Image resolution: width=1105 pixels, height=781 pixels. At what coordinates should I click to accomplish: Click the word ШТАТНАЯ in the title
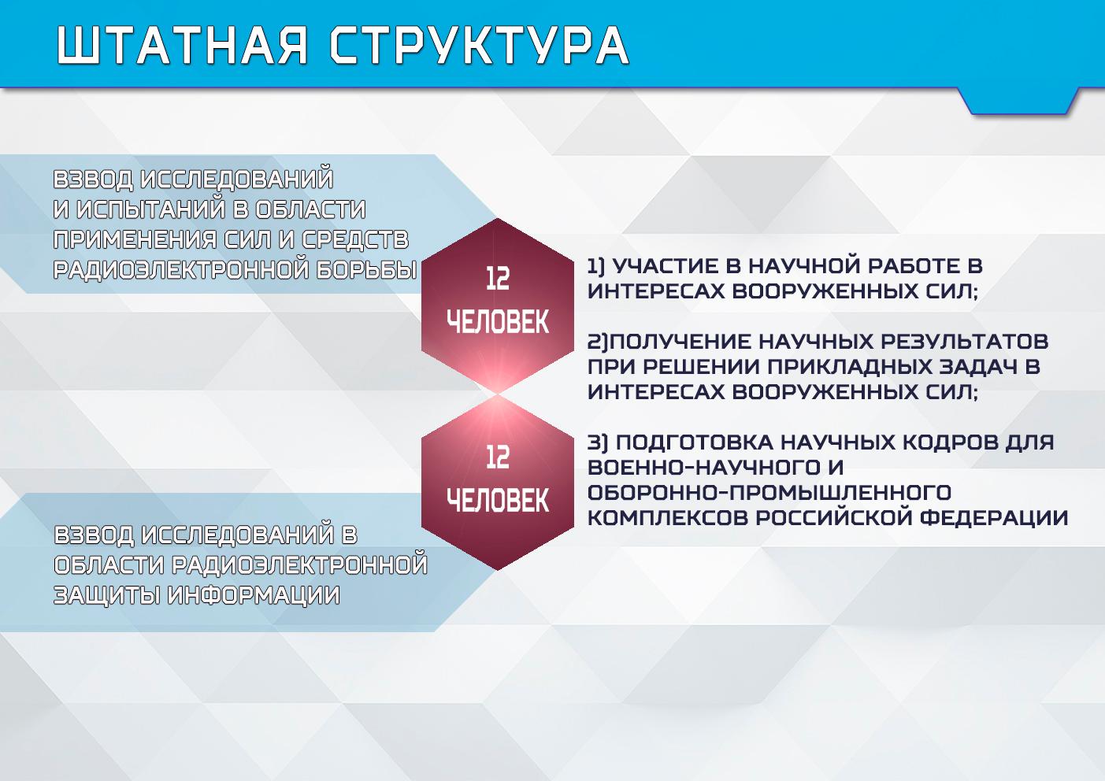(183, 45)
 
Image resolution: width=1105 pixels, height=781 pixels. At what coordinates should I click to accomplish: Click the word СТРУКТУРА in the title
(480, 45)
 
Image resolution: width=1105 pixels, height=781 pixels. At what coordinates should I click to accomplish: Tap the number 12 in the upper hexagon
(497, 279)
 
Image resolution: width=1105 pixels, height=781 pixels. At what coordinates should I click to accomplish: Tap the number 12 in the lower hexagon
(497, 457)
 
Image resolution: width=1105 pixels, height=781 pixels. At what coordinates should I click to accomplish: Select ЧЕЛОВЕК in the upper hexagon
(497, 322)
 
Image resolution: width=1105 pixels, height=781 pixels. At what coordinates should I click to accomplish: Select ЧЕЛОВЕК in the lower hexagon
(497, 501)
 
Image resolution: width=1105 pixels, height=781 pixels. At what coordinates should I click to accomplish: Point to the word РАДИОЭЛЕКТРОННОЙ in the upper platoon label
(182, 270)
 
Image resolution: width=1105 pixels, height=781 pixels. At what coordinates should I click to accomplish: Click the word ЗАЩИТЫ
(106, 595)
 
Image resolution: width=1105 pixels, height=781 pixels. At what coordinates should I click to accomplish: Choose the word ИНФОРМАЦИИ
(254, 595)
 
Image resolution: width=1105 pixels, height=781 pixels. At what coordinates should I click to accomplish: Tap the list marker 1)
(596, 267)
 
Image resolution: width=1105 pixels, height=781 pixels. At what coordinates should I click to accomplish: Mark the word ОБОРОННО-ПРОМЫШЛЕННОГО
(769, 493)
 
